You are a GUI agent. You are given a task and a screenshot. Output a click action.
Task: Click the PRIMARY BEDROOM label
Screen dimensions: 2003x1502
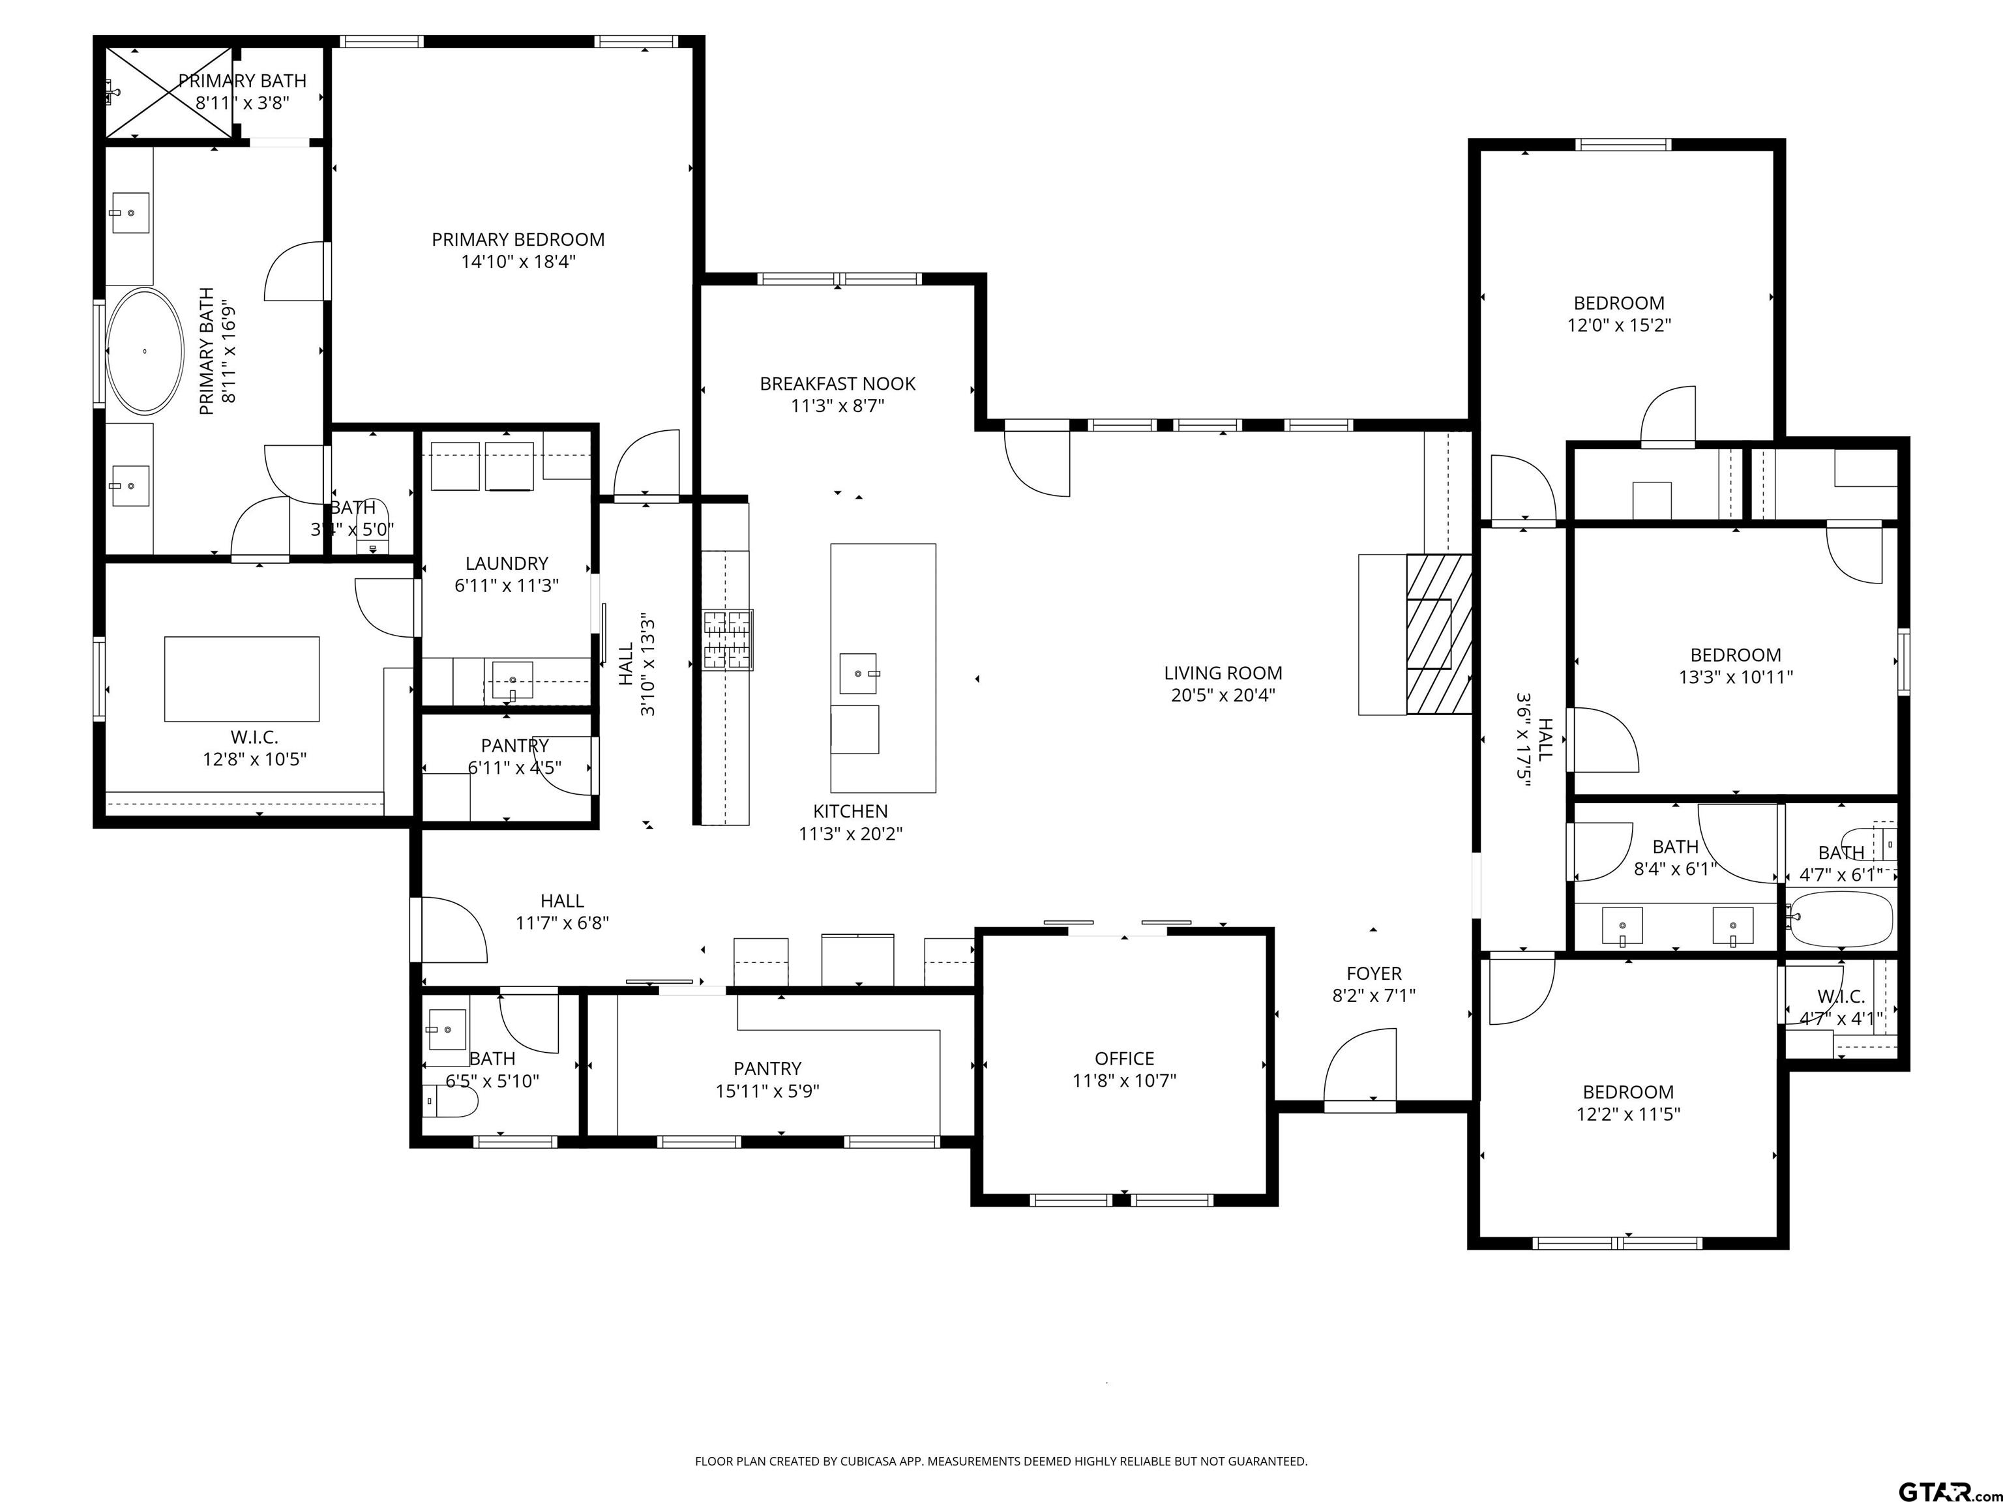518,240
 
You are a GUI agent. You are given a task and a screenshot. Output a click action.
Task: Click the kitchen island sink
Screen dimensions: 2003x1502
857,673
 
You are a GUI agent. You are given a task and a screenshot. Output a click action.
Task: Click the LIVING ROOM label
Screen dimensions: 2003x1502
1223,673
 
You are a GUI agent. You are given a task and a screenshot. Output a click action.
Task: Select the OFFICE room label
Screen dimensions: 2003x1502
1125,1058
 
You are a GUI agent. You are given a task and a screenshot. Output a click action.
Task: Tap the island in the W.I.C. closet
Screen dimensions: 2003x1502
242,679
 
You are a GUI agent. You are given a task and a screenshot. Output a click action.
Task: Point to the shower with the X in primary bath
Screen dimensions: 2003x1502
170,93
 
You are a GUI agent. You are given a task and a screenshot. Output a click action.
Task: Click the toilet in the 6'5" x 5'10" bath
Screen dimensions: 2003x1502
451,1101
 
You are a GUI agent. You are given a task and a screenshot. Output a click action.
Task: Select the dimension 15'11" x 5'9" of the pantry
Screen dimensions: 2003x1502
768,1091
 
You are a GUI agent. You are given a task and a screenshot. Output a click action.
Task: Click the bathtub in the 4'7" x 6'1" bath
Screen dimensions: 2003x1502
1841,919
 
